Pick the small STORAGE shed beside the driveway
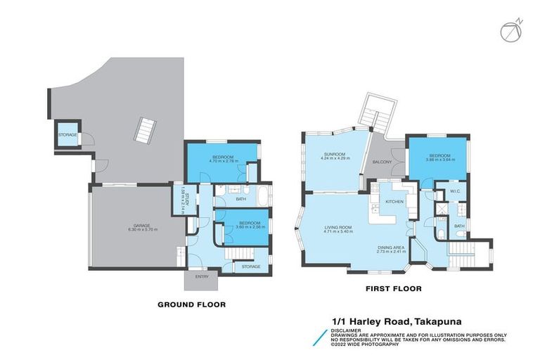67,134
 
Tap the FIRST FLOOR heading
382,288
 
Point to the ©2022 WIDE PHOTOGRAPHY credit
369,345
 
